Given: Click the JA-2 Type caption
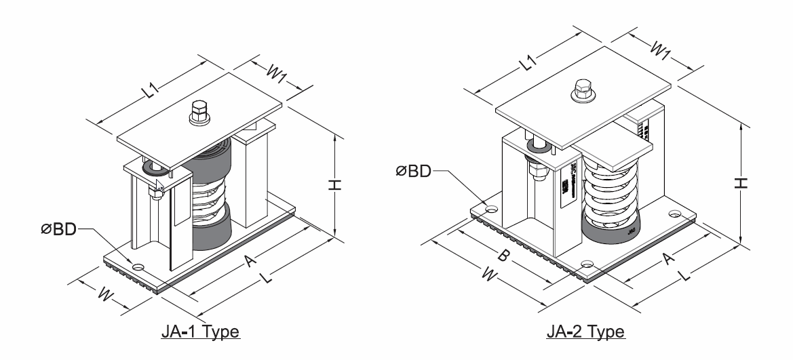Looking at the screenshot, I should coord(585,332).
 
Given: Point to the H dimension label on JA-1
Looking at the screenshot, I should coord(352,184).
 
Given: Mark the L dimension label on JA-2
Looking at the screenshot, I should coord(685,277).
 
